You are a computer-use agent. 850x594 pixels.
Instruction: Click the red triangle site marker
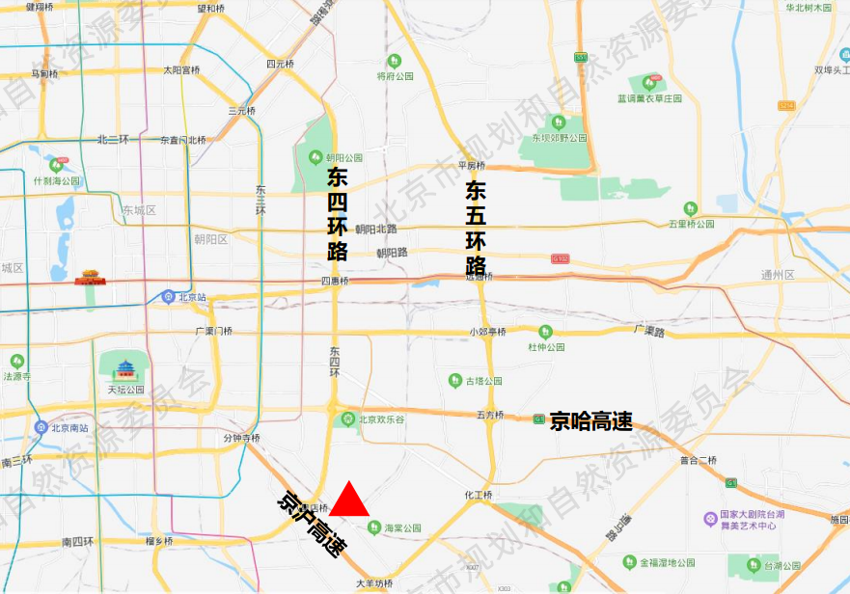(352, 500)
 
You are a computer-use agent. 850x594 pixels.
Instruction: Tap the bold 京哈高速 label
(590, 420)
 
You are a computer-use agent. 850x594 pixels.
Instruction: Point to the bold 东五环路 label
(476, 228)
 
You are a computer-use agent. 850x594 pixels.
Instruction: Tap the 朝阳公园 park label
(343, 158)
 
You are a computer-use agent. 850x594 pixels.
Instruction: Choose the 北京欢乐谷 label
(380, 419)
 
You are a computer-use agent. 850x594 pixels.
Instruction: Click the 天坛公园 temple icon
(125, 368)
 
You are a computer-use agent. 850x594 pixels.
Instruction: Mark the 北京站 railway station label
(193, 297)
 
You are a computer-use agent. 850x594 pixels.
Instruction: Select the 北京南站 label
(69, 427)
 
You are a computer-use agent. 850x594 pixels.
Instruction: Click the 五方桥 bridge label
(490, 416)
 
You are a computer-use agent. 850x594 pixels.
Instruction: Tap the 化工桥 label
(479, 496)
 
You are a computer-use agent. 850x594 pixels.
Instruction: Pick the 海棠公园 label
(403, 528)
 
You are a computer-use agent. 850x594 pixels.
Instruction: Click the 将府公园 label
(395, 75)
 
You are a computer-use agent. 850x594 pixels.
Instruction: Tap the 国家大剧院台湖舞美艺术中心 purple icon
(710, 520)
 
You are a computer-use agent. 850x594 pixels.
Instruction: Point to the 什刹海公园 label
(56, 180)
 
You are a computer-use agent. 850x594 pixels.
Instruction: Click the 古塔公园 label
(483, 381)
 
